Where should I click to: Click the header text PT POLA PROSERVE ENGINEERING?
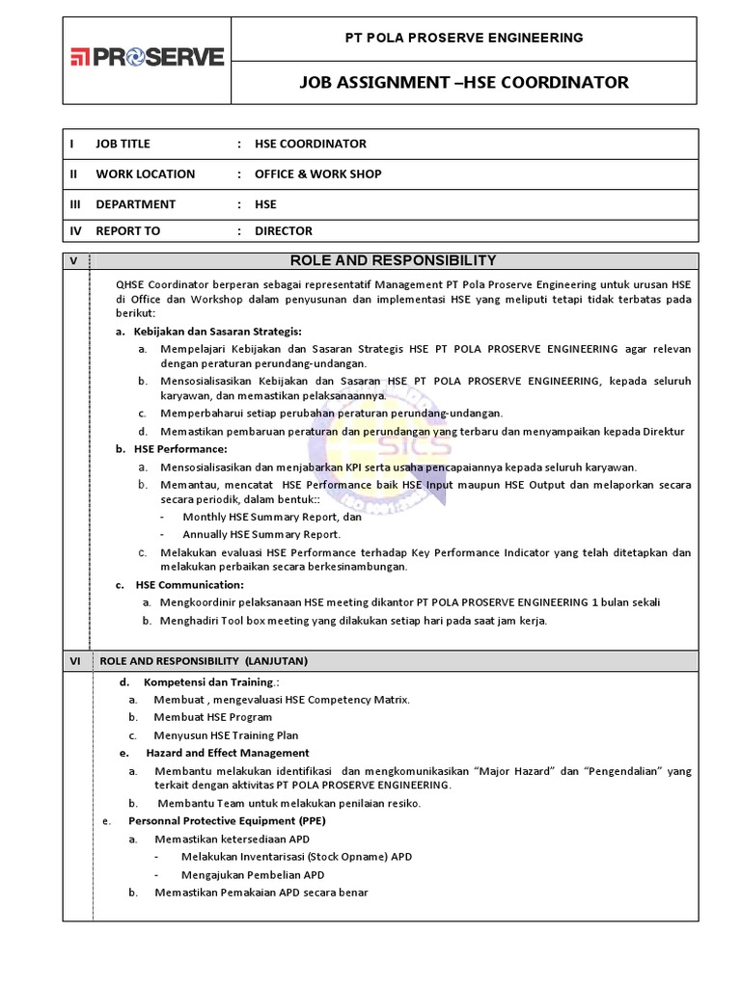(464, 38)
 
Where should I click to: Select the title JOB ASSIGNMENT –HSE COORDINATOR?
(464, 83)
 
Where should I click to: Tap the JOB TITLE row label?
(123, 144)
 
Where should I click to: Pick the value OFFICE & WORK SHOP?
(317, 173)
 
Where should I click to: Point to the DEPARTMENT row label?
(135, 203)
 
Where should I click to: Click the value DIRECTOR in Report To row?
(283, 230)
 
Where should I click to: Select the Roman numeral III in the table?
(73, 203)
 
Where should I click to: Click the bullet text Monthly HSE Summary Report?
(271, 517)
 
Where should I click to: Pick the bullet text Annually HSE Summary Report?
(261, 534)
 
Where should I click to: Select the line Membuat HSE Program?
(212, 717)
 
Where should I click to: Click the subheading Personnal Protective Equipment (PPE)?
(227, 821)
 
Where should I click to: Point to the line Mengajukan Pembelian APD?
(253, 874)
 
